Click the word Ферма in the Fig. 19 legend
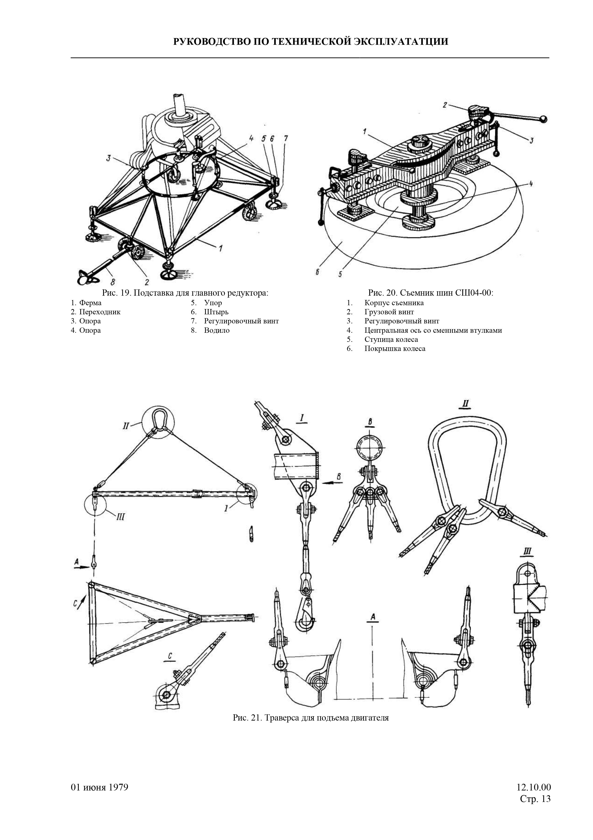pos(90,303)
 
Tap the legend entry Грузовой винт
pos(389,312)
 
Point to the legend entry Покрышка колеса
pos(395,349)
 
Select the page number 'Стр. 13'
pos(535,799)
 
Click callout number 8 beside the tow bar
pos(113,282)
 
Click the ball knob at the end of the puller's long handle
pos(544,119)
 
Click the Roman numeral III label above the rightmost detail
pos(527,552)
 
